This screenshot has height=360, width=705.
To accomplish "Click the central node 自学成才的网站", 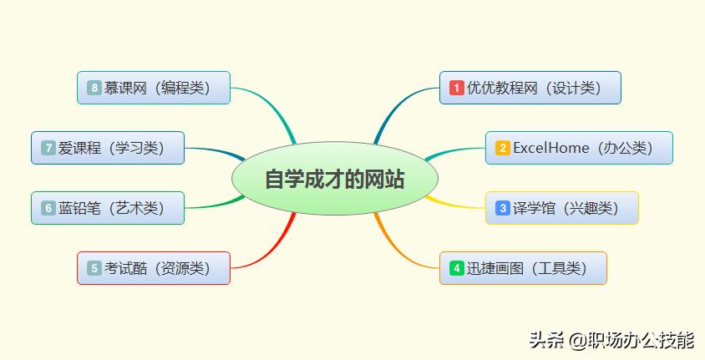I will [x=334, y=179].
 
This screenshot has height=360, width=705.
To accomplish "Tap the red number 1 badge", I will [x=457, y=88].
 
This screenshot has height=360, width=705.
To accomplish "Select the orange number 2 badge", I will [x=502, y=148].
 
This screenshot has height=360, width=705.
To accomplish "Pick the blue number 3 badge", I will [x=502, y=208].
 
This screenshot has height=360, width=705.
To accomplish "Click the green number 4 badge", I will [x=457, y=268].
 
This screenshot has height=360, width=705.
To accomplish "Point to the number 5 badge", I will [x=94, y=268].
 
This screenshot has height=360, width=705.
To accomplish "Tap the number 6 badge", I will [x=48, y=208].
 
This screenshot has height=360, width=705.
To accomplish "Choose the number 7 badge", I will [x=48, y=148].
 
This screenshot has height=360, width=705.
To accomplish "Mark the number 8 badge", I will [x=94, y=88].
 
